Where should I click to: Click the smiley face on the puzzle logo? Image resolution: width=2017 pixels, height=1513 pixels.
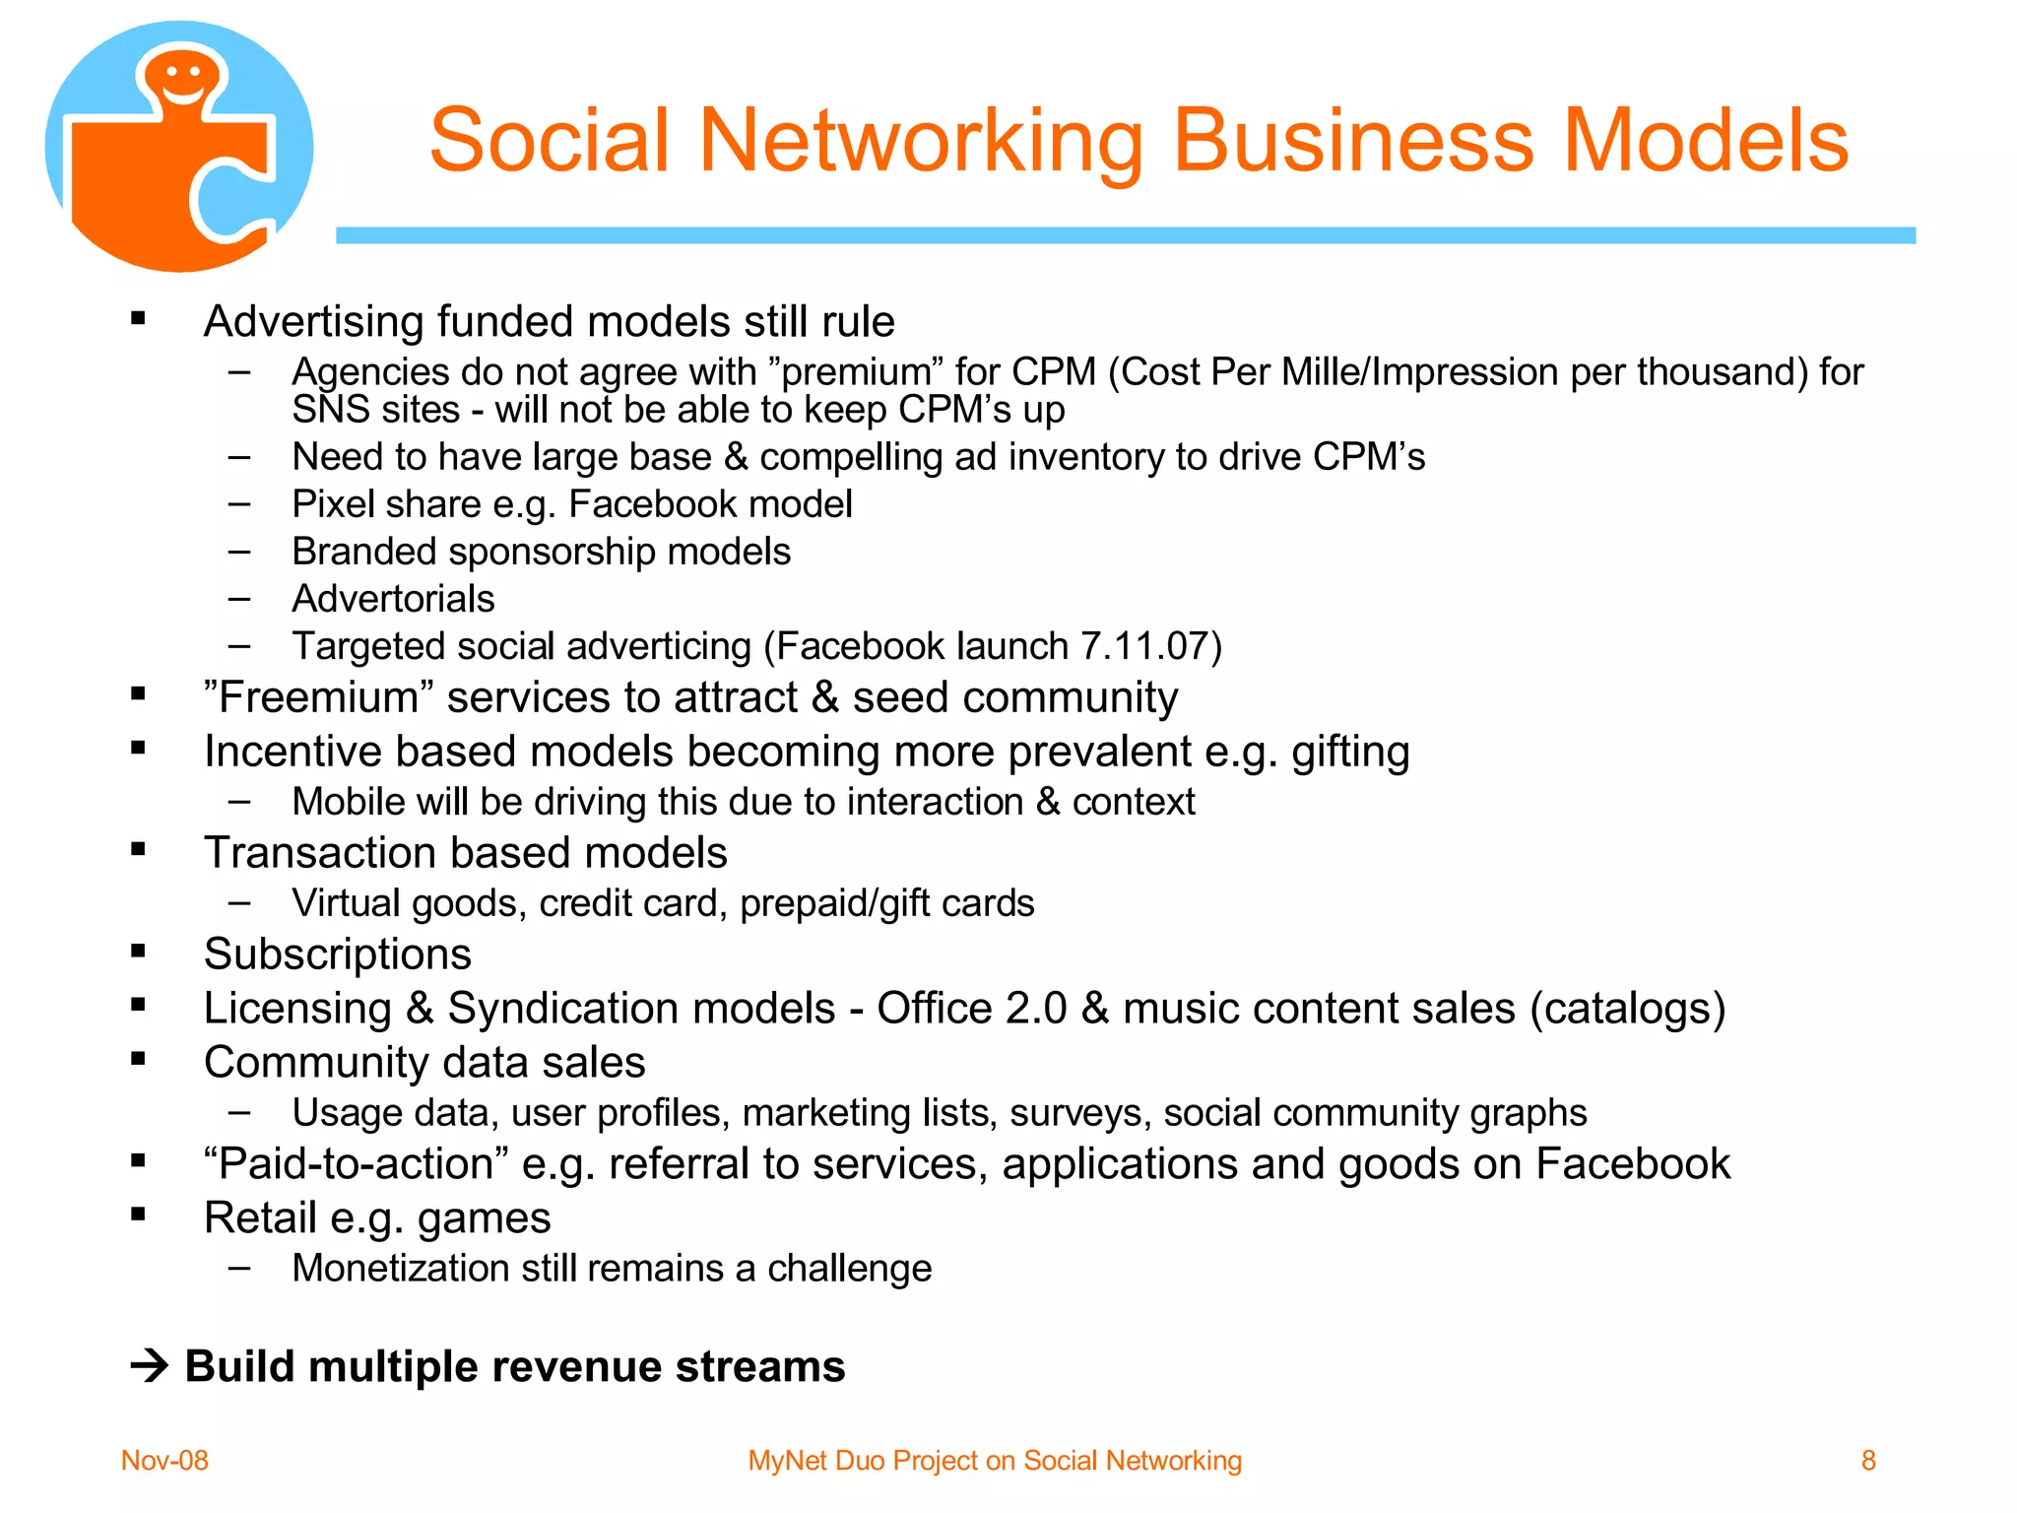pos(183,79)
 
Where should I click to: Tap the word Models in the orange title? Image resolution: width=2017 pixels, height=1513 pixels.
pos(1706,141)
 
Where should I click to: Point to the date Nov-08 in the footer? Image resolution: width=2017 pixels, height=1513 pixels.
pos(164,1460)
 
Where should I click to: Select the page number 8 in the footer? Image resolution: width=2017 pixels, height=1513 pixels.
pos(1868,1460)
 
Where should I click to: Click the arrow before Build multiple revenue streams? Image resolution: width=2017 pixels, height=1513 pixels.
pos(150,1366)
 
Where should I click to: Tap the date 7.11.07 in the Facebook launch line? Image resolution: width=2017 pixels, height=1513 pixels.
pos(1144,646)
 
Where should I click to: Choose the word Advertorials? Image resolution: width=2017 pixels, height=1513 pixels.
pos(393,599)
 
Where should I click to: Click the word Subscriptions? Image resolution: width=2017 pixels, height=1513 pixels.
pos(337,954)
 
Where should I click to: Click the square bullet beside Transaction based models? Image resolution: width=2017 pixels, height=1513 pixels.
pos(138,848)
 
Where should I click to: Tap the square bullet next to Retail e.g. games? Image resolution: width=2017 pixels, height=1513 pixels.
pos(138,1214)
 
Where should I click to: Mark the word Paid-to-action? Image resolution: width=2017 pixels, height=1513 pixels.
pos(356,1163)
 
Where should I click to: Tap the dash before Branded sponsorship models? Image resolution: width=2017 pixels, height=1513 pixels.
pos(239,551)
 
